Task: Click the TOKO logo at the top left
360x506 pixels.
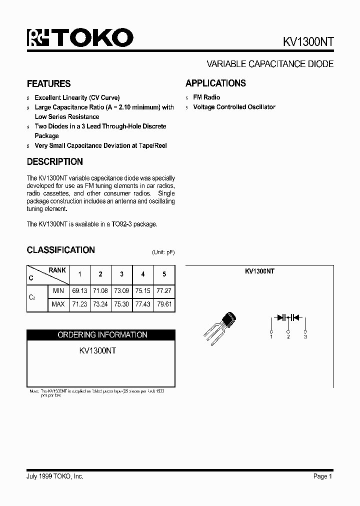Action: tap(80, 38)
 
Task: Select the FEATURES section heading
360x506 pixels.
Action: tap(48, 83)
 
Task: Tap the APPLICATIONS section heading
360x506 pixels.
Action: tap(215, 83)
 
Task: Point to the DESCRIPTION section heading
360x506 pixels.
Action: tap(54, 162)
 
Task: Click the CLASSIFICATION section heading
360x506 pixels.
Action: tap(60, 250)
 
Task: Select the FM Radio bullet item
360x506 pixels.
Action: tap(206, 97)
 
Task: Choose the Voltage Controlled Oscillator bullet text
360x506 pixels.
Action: tap(234, 107)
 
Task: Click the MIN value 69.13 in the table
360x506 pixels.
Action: tap(79, 290)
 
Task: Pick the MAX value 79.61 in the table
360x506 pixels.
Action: tap(164, 304)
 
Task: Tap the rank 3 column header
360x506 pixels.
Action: tap(121, 274)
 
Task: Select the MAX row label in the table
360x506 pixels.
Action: tap(58, 304)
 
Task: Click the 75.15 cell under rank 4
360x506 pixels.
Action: tap(143, 290)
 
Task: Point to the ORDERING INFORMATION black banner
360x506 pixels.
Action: tap(101, 335)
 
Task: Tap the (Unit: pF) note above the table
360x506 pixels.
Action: tap(163, 252)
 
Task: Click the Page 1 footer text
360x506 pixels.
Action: tap(322, 476)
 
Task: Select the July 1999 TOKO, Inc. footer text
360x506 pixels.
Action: tap(55, 476)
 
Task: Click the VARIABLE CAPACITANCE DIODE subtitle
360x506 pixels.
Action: tap(270, 64)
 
